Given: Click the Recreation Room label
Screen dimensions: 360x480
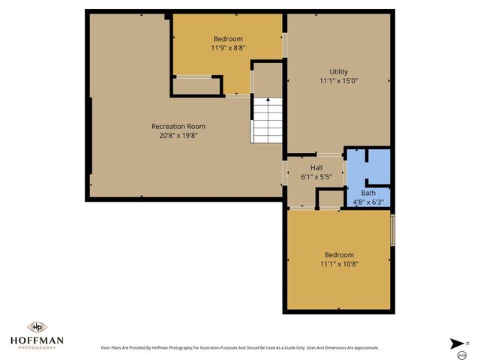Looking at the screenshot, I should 178,126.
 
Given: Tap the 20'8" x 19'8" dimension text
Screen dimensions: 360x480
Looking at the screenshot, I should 178,136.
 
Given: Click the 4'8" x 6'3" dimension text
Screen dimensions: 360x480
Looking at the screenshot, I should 367,202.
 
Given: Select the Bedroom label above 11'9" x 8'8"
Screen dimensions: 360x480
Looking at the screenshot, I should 228,39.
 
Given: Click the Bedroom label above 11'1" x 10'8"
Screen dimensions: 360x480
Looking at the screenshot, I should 339,255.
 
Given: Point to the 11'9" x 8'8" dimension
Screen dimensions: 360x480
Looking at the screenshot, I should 228,48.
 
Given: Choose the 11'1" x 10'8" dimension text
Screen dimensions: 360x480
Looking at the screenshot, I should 339,264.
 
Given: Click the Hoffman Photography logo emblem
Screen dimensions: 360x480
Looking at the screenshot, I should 37,327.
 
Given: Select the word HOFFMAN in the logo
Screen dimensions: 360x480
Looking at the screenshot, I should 37,340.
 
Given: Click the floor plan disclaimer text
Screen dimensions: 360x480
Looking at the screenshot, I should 240,348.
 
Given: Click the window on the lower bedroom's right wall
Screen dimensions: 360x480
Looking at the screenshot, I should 393,228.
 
